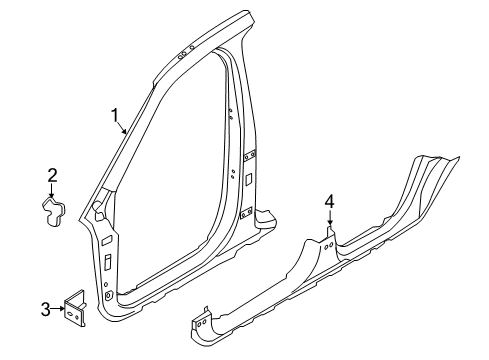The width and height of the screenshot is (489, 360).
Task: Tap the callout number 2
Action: coord(52,176)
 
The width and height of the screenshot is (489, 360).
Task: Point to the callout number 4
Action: coord(329,205)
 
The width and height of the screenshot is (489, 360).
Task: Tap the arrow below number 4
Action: coord(329,222)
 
